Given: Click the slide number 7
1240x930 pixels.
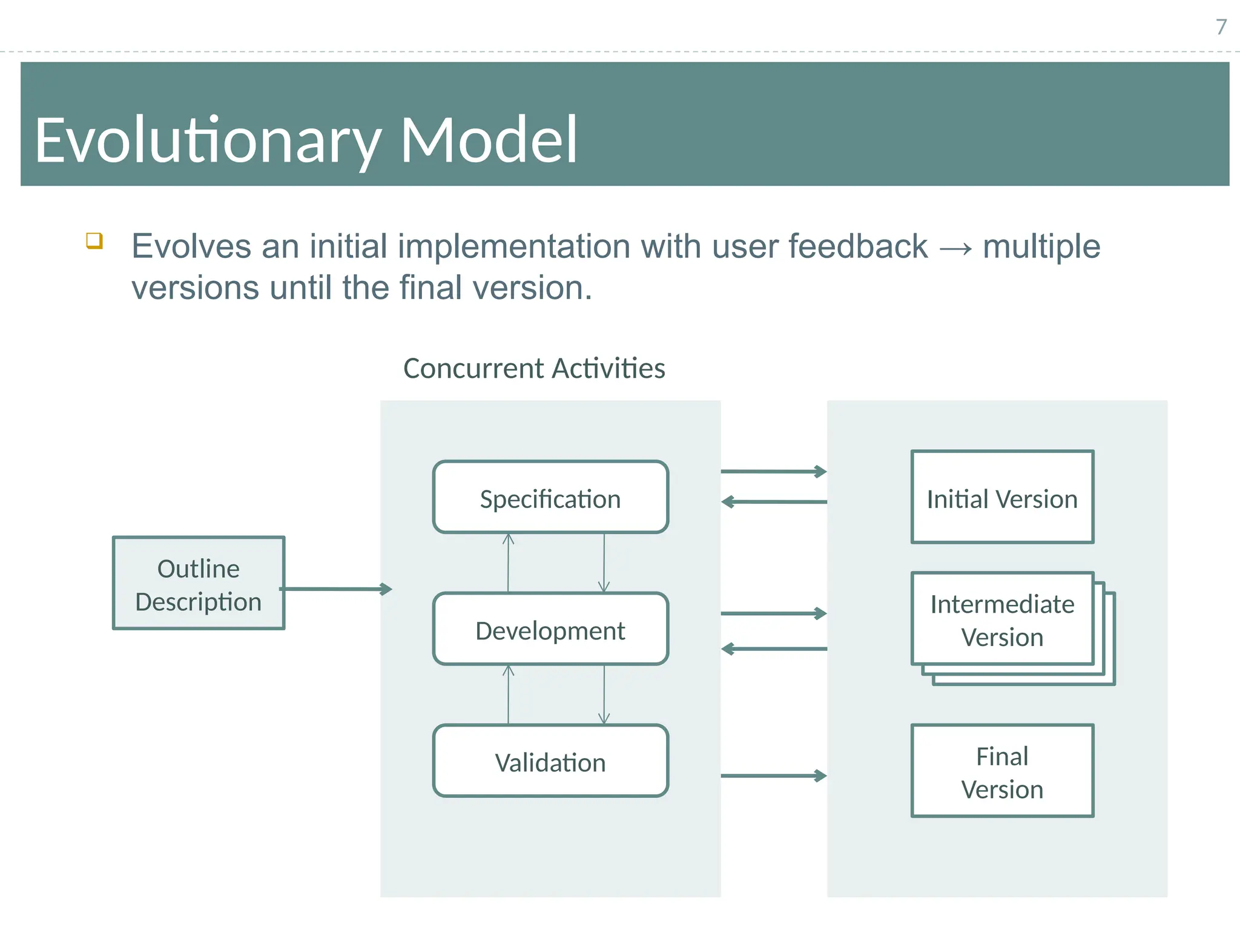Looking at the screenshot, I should pyautogui.click(x=1221, y=27).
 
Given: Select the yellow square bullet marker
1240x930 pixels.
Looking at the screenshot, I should pyautogui.click(x=94, y=240).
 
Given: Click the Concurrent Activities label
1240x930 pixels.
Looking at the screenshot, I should pyautogui.click(x=534, y=368).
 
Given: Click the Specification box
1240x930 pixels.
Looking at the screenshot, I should pyautogui.click(x=550, y=498).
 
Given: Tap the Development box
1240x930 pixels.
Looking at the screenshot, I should pyautogui.click(x=550, y=630).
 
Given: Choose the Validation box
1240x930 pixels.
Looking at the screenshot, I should pyautogui.click(x=550, y=761).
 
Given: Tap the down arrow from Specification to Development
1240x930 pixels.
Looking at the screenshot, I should pyautogui.click(x=604, y=563).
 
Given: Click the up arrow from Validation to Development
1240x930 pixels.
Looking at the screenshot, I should pyautogui.click(x=508, y=694).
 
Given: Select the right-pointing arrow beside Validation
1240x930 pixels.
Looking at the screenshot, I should pyautogui.click(x=773, y=776).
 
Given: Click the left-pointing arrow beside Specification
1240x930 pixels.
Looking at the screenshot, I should pyautogui.click(x=773, y=502).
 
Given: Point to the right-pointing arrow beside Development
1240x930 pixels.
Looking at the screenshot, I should pyautogui.click(x=773, y=613).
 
